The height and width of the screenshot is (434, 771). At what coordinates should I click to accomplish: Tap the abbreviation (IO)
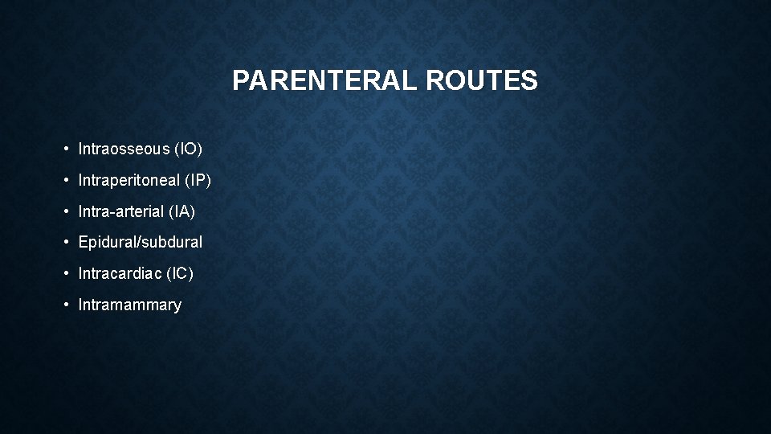click(191, 149)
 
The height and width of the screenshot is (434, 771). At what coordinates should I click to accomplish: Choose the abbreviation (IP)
click(198, 180)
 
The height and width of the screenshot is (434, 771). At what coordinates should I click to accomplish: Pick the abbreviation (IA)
click(182, 211)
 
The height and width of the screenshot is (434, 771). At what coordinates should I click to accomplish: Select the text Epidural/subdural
click(141, 242)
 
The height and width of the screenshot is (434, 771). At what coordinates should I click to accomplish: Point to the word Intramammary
click(130, 305)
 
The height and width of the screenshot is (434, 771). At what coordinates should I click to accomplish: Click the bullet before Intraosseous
click(67, 149)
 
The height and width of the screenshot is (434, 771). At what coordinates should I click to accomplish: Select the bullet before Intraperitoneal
click(67, 181)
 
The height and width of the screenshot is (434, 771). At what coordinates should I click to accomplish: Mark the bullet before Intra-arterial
click(67, 212)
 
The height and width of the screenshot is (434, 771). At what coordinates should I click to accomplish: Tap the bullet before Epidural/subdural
click(67, 243)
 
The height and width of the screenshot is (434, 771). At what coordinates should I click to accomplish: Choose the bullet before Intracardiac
click(67, 274)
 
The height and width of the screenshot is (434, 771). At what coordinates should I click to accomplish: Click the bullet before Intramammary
click(67, 305)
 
